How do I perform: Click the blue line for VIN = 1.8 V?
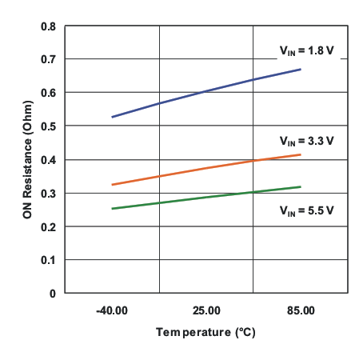coord(206,90)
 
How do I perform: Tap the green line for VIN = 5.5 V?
coord(206,197)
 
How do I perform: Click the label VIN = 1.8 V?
coord(306,50)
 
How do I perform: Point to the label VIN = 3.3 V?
coord(306,140)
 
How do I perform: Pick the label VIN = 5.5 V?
coord(306,212)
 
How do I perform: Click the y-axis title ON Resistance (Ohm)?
coord(27,160)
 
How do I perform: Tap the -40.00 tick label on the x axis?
coord(112,310)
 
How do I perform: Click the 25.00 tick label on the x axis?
coord(206,310)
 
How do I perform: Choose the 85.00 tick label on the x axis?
coord(301,310)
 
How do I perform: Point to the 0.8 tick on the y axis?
coord(49,26)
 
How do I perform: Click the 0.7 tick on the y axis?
coord(49,60)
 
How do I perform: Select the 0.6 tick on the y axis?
coord(49,93)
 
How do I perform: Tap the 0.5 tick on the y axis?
coord(49,126)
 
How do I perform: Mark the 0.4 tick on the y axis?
coord(49,160)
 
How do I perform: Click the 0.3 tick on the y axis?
coord(49,193)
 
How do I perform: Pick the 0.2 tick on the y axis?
coord(49,226)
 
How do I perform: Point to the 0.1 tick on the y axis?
coord(49,260)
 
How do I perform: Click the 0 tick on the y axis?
coord(53,294)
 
